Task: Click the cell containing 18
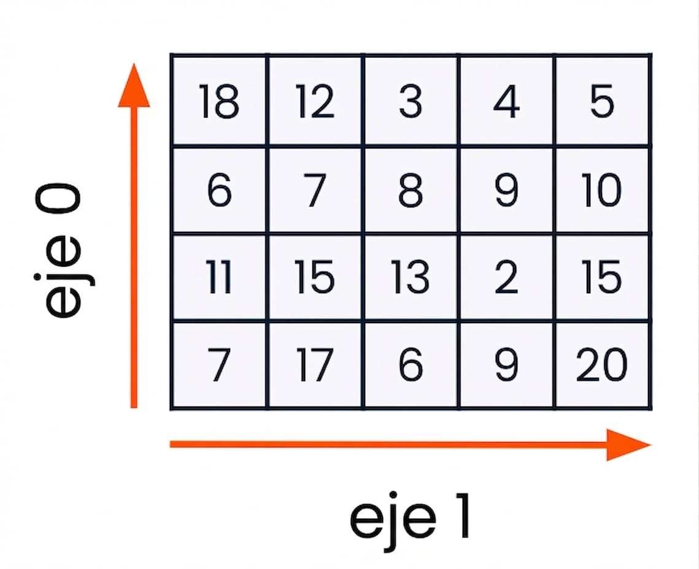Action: click(x=219, y=101)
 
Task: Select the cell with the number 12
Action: click(x=315, y=101)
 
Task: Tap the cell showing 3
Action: click(x=411, y=101)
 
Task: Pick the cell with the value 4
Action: click(x=506, y=101)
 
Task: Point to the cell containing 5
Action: click(x=602, y=101)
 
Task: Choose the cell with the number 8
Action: click(x=411, y=189)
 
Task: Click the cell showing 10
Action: click(x=602, y=189)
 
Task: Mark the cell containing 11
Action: click(x=219, y=277)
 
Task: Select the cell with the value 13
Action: click(x=411, y=277)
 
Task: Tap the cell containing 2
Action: click(x=506, y=277)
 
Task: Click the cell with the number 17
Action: click(x=315, y=365)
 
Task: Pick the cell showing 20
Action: click(x=602, y=365)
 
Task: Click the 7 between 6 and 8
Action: click(x=315, y=189)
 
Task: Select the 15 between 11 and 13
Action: click(x=315, y=277)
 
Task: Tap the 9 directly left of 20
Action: click(x=506, y=365)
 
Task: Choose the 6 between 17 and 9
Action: click(x=411, y=365)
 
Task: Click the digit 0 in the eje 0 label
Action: click(x=58, y=199)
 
